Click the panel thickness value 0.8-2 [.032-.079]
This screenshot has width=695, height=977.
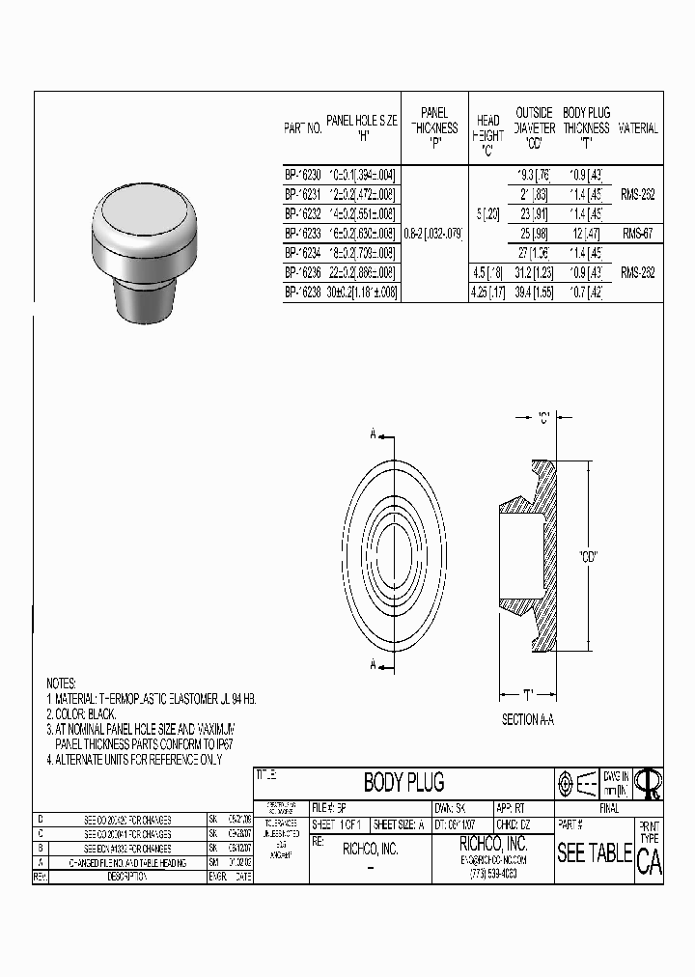(x=432, y=233)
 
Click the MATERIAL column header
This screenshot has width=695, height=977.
(x=637, y=127)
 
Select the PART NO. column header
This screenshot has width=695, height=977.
(x=302, y=127)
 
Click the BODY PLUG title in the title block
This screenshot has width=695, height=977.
(x=403, y=782)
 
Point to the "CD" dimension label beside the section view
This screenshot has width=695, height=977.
(x=589, y=556)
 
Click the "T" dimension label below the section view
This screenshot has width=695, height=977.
(x=528, y=693)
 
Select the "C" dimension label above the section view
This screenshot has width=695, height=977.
(x=545, y=418)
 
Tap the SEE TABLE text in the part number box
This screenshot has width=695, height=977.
(x=594, y=853)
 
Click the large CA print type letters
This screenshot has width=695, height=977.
(x=649, y=862)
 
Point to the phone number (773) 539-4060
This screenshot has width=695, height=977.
(x=492, y=873)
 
